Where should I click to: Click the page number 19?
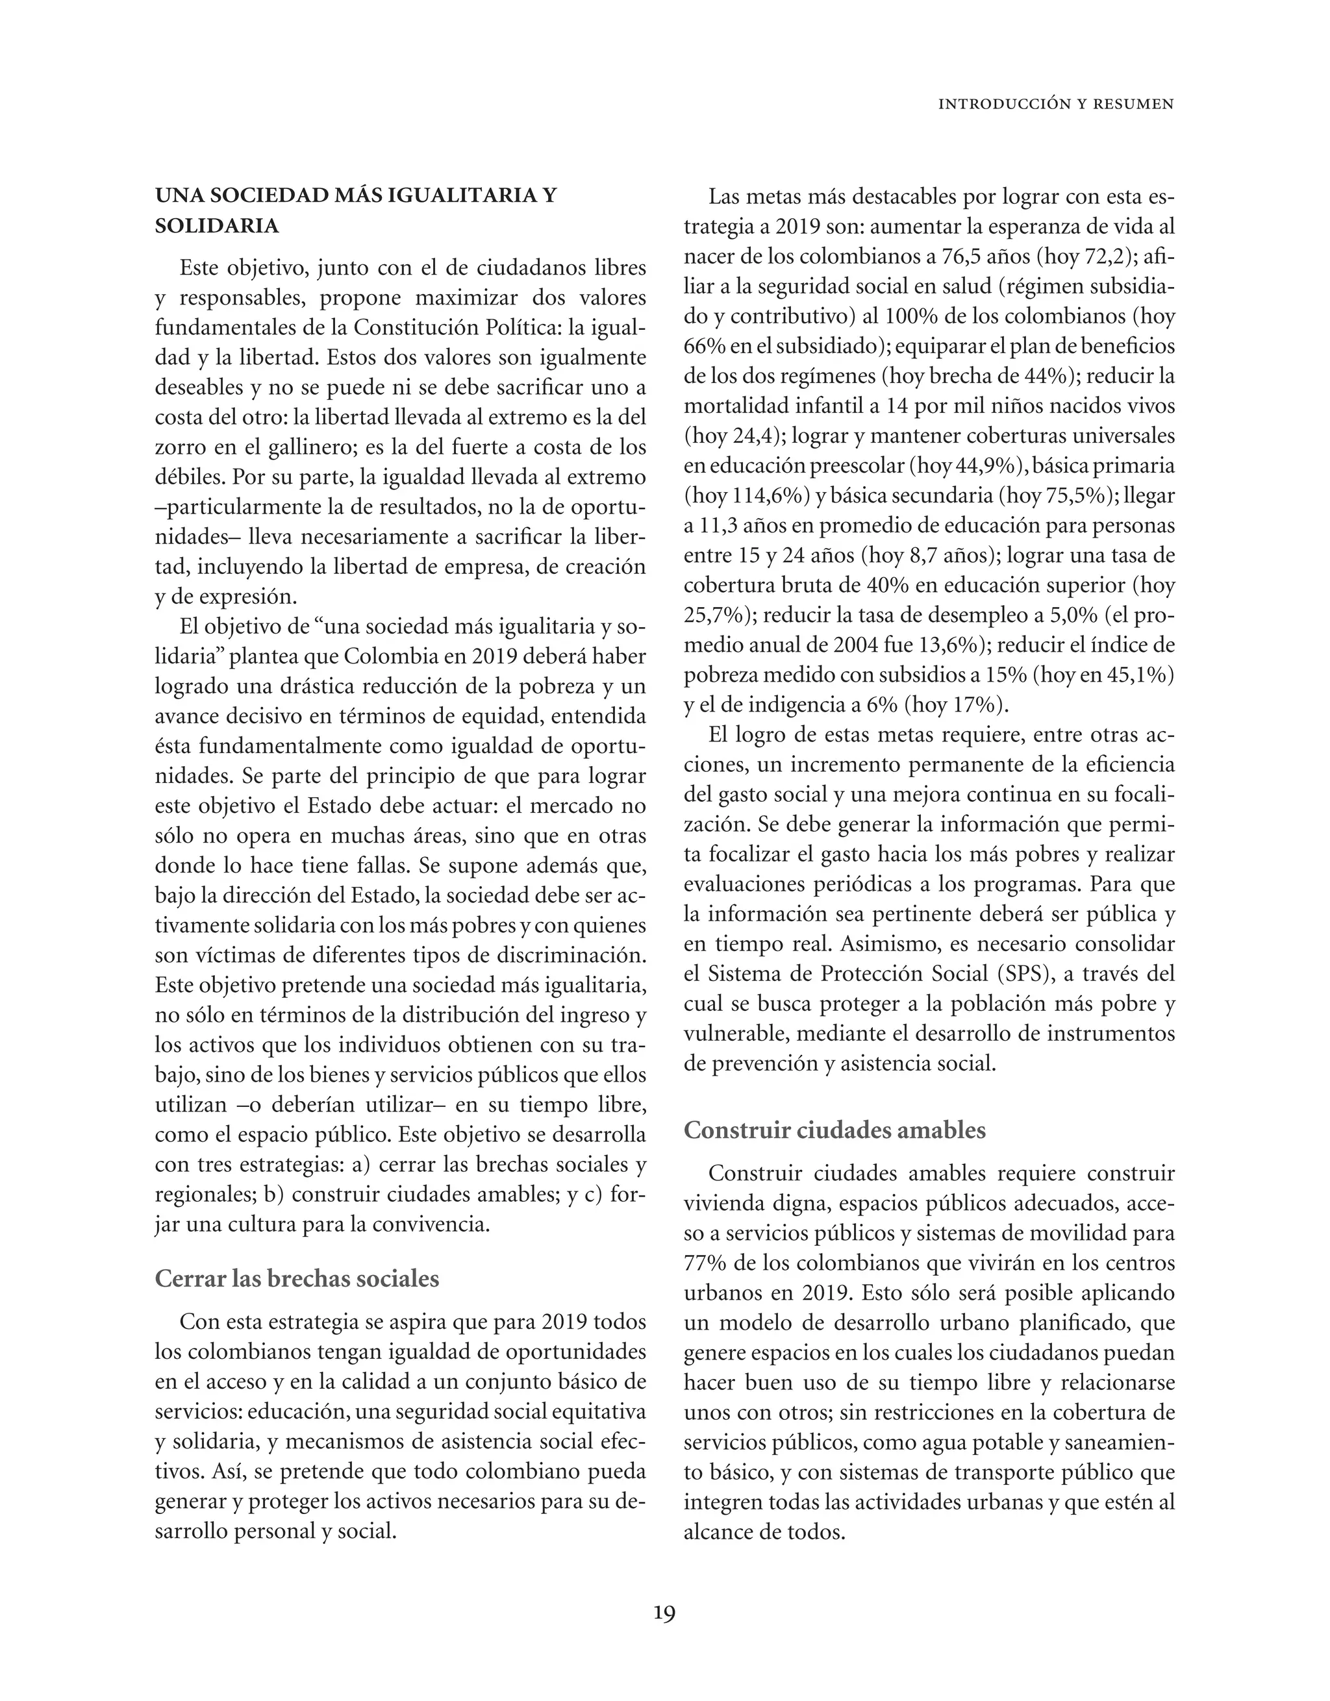click(x=664, y=1613)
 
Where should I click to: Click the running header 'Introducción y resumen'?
click(x=1056, y=104)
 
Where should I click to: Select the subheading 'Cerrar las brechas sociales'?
click(x=297, y=1279)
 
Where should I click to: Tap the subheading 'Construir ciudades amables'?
click(x=834, y=1130)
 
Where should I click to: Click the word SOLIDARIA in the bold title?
click(x=217, y=226)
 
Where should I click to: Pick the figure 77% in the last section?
click(x=705, y=1263)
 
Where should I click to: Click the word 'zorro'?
click(x=180, y=448)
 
